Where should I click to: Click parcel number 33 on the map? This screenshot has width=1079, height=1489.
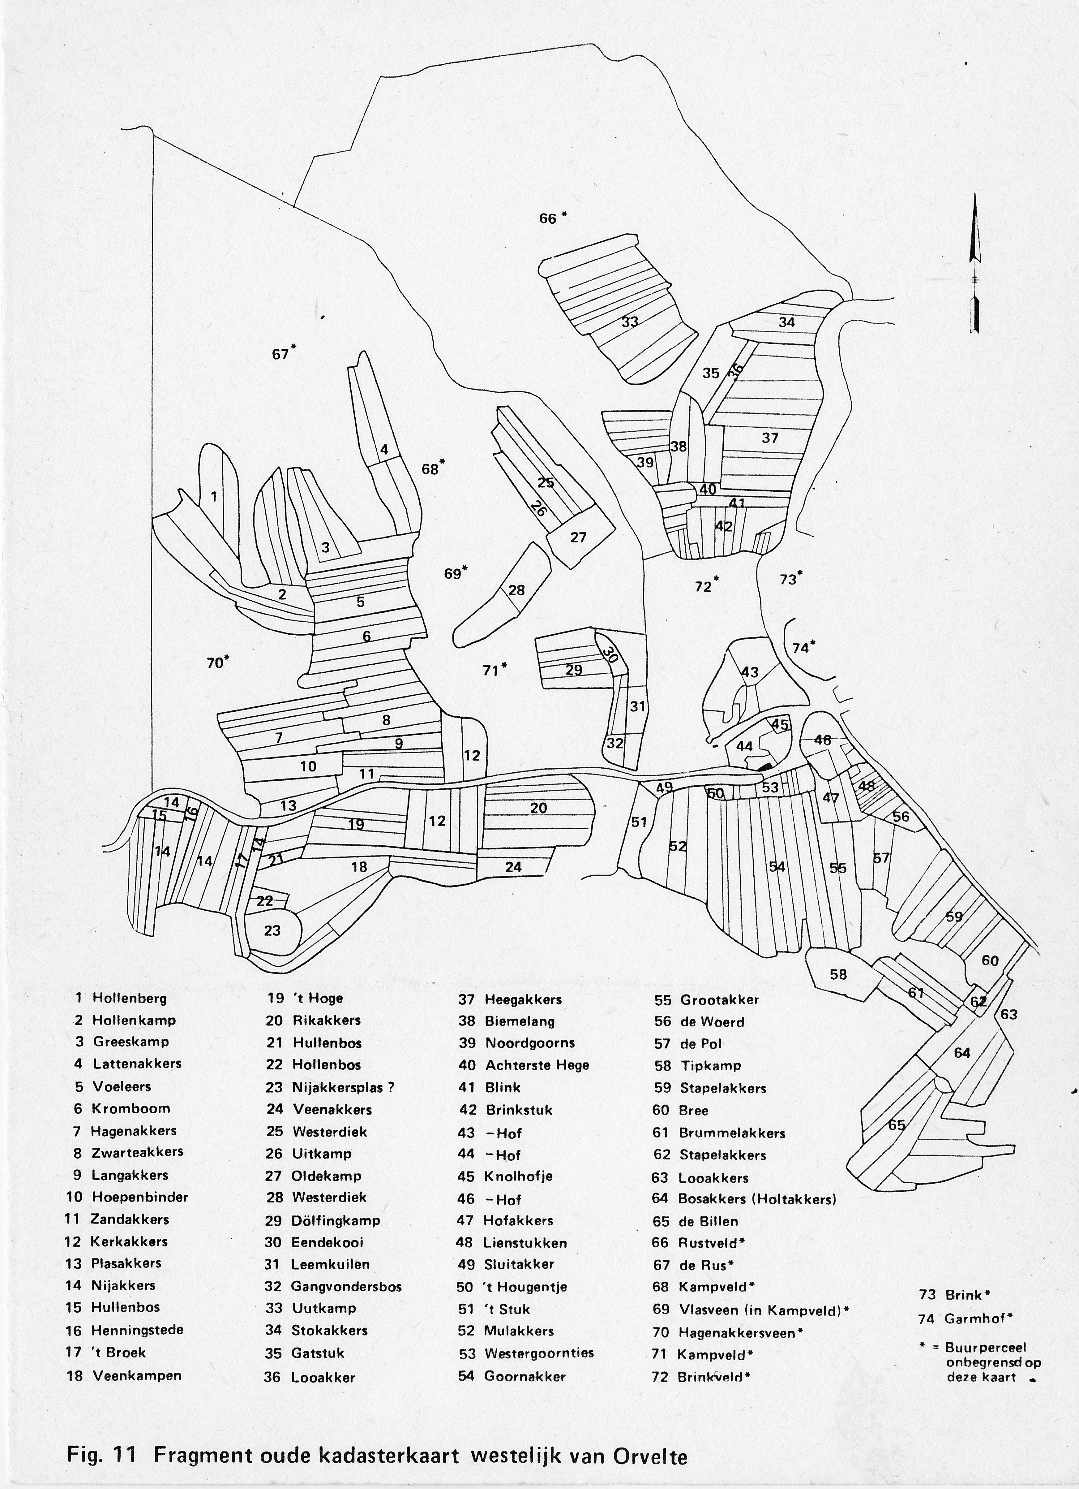(x=630, y=322)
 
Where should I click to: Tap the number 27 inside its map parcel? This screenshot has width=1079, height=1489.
(x=578, y=537)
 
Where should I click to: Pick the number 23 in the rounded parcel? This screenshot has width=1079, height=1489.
(x=272, y=930)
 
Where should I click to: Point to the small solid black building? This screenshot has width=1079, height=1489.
(x=764, y=766)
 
